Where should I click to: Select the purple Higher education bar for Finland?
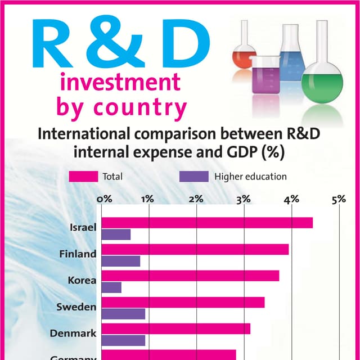pos(120,261)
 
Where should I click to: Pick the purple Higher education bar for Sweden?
pos(123,314)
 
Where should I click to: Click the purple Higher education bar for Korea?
pos(111,287)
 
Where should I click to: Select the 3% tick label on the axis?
pos(244,199)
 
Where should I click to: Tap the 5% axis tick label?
pos(339,199)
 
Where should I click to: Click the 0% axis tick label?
pos(104,199)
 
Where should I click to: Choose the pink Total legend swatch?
pos(83,177)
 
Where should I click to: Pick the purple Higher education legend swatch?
pos(193,177)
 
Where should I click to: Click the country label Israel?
pos(83,228)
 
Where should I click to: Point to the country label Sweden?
pos(76,307)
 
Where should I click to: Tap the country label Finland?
pos(78,254)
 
